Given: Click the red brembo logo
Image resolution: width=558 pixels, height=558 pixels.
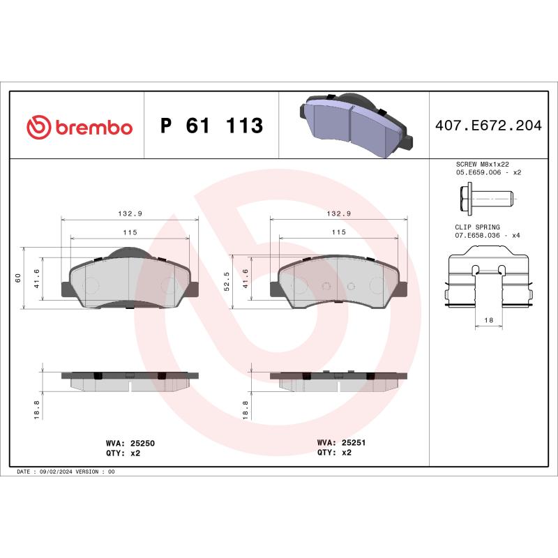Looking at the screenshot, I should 79,126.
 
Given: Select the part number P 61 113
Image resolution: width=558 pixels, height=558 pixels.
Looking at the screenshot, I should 211,126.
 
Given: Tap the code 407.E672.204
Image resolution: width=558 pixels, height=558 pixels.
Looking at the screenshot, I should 488,126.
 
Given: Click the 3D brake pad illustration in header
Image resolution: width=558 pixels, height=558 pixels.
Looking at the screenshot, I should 354,125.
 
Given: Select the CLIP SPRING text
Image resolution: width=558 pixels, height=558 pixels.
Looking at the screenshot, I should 476,227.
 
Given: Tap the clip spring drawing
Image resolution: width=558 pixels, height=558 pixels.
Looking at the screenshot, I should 488,282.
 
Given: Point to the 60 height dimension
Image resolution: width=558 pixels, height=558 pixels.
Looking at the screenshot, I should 17,278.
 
